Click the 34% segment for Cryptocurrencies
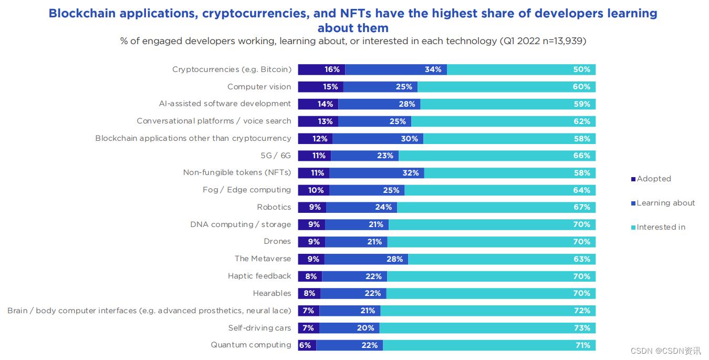396,70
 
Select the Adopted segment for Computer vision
321,87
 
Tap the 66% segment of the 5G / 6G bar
497,156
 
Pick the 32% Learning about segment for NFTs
377,173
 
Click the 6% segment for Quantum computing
307,345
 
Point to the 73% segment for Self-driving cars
487,328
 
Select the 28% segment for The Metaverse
366,259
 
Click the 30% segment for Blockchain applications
378,139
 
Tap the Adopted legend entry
651,179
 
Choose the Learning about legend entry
663,203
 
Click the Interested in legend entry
659,227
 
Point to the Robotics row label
274,207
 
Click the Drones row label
277,241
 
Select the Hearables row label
272,293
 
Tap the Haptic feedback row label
259,276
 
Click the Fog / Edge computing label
246,190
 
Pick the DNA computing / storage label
241,224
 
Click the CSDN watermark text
665,351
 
